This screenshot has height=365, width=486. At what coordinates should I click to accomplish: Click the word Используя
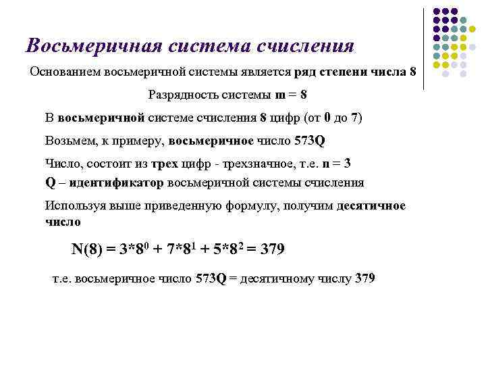pos(73,205)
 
